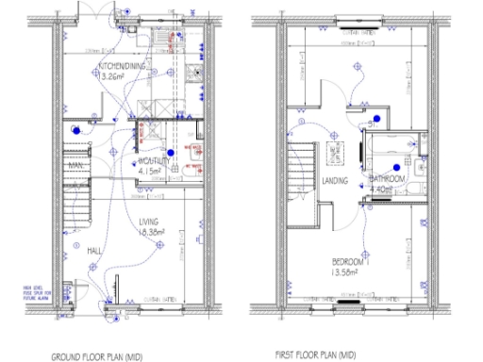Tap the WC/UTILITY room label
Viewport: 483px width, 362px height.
coord(154,161)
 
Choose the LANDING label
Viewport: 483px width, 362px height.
coord(335,181)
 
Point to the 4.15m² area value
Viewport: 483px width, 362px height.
coord(153,173)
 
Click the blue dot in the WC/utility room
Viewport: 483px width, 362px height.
coord(170,152)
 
